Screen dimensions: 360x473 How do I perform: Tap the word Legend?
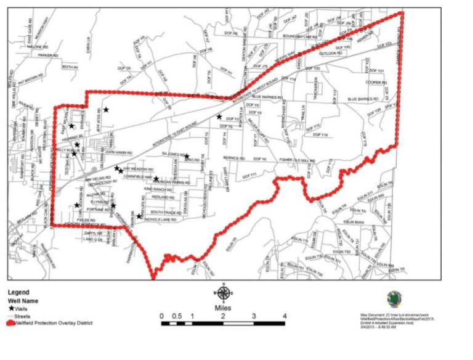point(19,293)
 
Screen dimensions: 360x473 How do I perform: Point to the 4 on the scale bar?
point(284,316)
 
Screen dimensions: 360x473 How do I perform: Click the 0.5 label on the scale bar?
point(177,316)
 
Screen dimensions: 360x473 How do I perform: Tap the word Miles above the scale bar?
point(224,306)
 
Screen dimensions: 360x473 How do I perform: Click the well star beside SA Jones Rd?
point(187,157)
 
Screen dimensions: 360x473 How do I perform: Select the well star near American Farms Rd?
point(156,179)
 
